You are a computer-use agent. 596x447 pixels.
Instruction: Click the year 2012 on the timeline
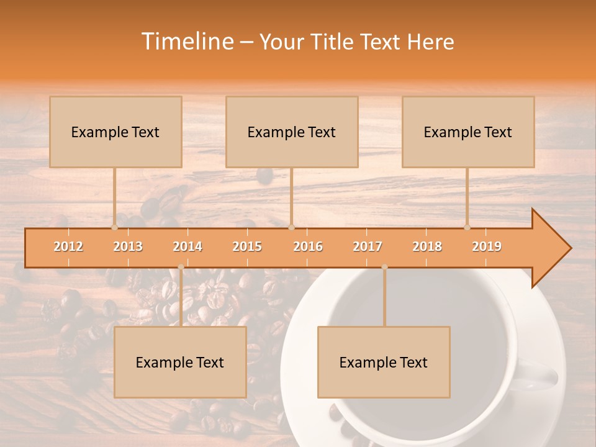68,246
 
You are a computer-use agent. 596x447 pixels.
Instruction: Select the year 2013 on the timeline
128,246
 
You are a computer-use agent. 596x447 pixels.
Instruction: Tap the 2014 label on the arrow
187,246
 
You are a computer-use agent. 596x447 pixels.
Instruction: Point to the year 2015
247,246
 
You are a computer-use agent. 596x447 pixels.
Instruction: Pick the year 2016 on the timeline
308,246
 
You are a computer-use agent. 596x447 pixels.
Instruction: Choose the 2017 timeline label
368,246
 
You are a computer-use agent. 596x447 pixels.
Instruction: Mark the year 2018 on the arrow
427,246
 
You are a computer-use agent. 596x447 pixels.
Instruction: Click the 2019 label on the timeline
487,246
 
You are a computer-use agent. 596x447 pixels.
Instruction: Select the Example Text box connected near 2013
115,132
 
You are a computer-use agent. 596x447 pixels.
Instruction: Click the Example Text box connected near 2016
292,132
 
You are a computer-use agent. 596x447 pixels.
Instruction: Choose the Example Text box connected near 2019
468,132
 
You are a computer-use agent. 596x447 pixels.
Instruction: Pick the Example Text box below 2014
180,362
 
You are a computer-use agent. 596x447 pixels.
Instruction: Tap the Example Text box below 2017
384,362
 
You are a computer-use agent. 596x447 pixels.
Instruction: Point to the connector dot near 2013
114,227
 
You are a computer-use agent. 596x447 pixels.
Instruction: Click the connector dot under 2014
181,267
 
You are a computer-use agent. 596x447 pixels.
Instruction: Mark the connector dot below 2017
384,267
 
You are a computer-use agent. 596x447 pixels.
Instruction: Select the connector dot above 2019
467,227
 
